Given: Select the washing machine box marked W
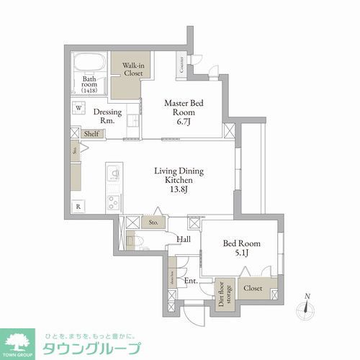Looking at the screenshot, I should [x=78, y=109].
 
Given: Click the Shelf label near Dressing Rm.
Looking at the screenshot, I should [x=91, y=134].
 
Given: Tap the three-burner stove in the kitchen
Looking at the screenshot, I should [x=113, y=202].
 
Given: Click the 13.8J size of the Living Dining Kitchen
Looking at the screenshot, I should [x=179, y=191].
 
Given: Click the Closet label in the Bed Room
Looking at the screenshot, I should [x=253, y=288].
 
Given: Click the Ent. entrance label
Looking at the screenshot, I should [x=190, y=281].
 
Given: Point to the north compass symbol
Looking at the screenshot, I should [x=308, y=307].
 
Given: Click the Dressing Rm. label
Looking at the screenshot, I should [x=107, y=117].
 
